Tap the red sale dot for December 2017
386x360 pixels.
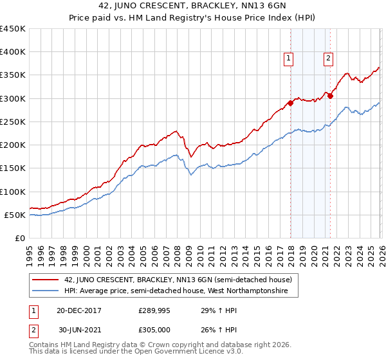pyautogui.click(x=290, y=103)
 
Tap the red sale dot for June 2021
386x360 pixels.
pyautogui.click(x=330, y=96)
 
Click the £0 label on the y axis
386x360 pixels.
pyautogui.click(x=19, y=238)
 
